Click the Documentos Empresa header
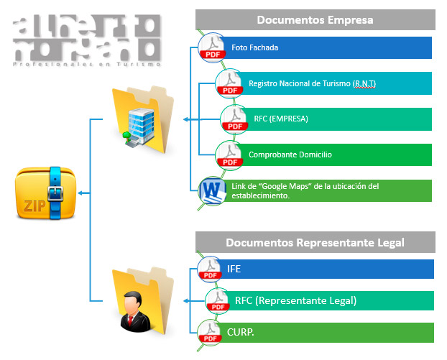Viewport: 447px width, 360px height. coord(315,19)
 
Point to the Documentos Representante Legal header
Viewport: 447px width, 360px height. coord(315,242)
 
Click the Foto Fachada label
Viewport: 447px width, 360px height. coord(254,48)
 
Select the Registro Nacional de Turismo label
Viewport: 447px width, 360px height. coord(312,84)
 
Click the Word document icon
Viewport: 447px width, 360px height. coord(213,191)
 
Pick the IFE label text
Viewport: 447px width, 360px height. coord(234,269)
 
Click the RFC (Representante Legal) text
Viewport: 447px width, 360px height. coord(295,300)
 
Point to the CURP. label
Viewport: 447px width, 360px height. coord(239,332)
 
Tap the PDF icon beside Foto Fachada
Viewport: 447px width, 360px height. coord(211,47)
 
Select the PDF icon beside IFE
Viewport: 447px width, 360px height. coord(211,268)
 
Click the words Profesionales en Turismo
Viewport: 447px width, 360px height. coord(86,65)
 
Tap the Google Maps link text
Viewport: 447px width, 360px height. coord(305,190)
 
